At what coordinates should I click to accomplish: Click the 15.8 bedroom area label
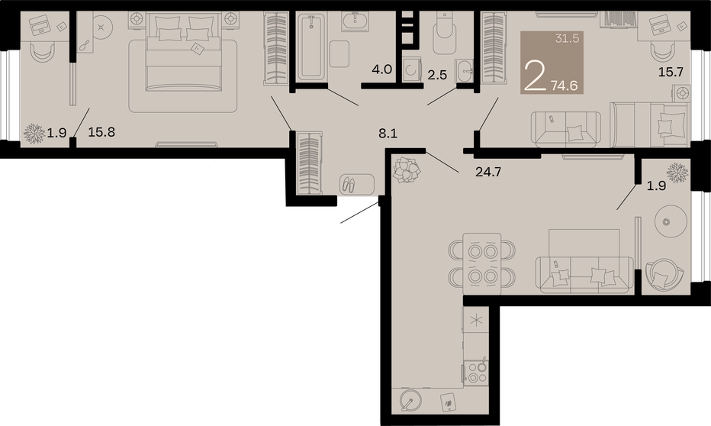pyautogui.click(x=101, y=132)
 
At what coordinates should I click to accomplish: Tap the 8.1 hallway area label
pyautogui.click(x=388, y=134)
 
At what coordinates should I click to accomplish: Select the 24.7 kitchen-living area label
pyautogui.click(x=488, y=172)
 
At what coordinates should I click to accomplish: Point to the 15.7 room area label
pyautogui.click(x=671, y=72)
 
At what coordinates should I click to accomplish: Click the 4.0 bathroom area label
pyautogui.click(x=381, y=69)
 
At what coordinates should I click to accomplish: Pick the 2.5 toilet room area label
pyautogui.click(x=437, y=75)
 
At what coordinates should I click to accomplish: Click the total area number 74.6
pyautogui.click(x=565, y=85)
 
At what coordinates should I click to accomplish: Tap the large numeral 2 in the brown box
pyautogui.click(x=535, y=76)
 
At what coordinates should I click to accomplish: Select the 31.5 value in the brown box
pyautogui.click(x=567, y=39)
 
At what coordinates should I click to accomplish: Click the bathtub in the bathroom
pyautogui.click(x=311, y=46)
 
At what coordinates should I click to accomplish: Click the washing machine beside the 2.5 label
pyautogui.click(x=412, y=70)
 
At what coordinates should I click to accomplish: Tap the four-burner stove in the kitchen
pyautogui.click(x=477, y=372)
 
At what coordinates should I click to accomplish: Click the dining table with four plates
pyautogui.click(x=482, y=263)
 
